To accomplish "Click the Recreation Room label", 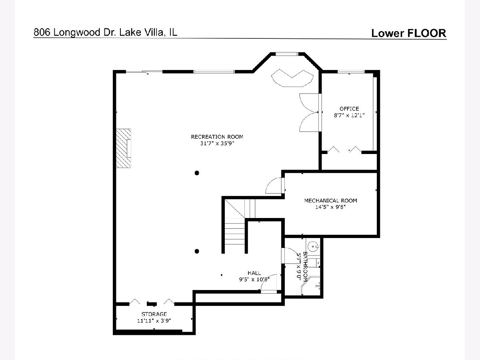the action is coord(217,137).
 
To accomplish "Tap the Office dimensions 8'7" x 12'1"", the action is coord(349,115).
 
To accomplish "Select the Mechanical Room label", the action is coord(330,200).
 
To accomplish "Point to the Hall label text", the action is coord(254,273).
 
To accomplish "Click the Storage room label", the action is coord(154,314).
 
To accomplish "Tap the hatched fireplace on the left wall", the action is coord(123,148).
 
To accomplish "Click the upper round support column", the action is coord(197,173).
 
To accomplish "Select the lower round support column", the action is coord(197,251).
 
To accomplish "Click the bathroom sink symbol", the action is coord(313,247).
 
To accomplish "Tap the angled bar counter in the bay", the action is coord(292,78).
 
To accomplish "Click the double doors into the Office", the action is coord(309,112).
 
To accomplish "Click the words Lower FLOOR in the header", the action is coord(409,33).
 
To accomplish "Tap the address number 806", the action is coord(42,32).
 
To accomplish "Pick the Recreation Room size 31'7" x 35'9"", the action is coord(217,143).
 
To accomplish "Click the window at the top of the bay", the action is coord(286,54).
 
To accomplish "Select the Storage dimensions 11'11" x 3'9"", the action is coord(154,321).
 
